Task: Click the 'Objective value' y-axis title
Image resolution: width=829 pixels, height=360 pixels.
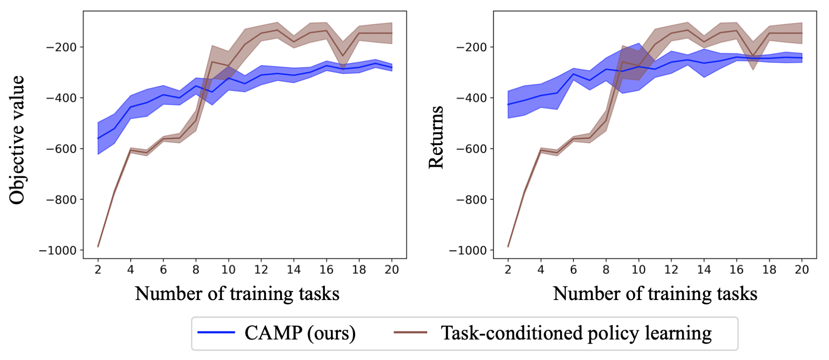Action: click(17, 140)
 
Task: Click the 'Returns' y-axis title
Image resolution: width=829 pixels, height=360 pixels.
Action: click(436, 137)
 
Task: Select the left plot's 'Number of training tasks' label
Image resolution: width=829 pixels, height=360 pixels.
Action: click(237, 294)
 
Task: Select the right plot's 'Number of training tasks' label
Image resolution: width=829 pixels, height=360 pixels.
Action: click(655, 294)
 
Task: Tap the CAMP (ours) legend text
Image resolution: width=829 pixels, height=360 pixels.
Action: click(300, 333)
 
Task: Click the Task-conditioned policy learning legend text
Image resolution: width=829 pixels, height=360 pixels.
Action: click(576, 333)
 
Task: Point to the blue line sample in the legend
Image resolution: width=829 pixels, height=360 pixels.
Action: click(216, 332)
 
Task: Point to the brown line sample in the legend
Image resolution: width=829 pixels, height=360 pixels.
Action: click(410, 332)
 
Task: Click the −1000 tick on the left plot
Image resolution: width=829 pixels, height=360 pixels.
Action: click(58, 251)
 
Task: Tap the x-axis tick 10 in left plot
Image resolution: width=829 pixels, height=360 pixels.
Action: click(228, 270)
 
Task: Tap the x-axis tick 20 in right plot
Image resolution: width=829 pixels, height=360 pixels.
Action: click(801, 270)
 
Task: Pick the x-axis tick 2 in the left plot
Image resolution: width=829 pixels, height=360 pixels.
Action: click(98, 270)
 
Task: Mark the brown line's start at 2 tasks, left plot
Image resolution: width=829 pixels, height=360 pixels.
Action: click(98, 246)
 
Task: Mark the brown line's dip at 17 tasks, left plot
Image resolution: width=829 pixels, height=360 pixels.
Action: click(343, 56)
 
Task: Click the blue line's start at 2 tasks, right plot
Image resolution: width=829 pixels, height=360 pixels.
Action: click(508, 104)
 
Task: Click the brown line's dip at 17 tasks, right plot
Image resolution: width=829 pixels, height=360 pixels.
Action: click(753, 56)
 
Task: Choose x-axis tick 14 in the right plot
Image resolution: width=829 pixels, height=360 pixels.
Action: click(703, 270)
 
